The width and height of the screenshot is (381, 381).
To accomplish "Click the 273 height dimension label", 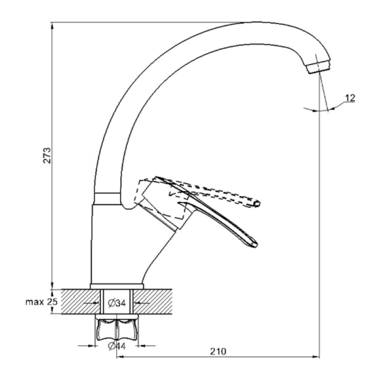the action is tap(47, 155).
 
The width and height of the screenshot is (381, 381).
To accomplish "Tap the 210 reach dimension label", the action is tap(218, 351).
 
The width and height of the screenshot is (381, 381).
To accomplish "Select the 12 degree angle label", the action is tap(350, 98).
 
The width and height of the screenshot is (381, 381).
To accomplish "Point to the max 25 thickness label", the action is tap(41, 302).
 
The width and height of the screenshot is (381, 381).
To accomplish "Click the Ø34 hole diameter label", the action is tap(117, 303).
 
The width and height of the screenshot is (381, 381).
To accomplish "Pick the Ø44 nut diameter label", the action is tap(117, 346).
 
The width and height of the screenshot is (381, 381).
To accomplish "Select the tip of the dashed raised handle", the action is tap(257, 204).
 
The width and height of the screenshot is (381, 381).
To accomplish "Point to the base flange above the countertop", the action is tap(117, 286).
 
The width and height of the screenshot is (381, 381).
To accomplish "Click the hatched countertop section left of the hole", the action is tap(80, 301).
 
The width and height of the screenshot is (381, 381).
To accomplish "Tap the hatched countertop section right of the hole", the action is tap(153, 301).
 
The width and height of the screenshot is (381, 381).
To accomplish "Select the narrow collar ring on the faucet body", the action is tap(107, 199).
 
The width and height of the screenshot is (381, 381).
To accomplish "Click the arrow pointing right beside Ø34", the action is tap(91, 303).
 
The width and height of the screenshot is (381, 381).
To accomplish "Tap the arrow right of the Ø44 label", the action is tap(147, 345).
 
